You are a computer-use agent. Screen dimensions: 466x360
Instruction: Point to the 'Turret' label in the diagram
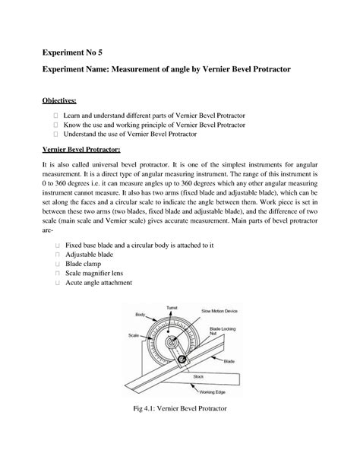[x=172, y=307]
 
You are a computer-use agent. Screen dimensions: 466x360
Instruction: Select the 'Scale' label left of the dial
[x=132, y=334]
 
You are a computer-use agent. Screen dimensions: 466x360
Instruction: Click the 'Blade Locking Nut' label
[x=221, y=331]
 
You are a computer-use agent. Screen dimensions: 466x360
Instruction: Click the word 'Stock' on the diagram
[x=198, y=376]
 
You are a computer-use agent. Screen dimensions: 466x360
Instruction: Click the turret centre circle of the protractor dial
[x=174, y=341]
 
